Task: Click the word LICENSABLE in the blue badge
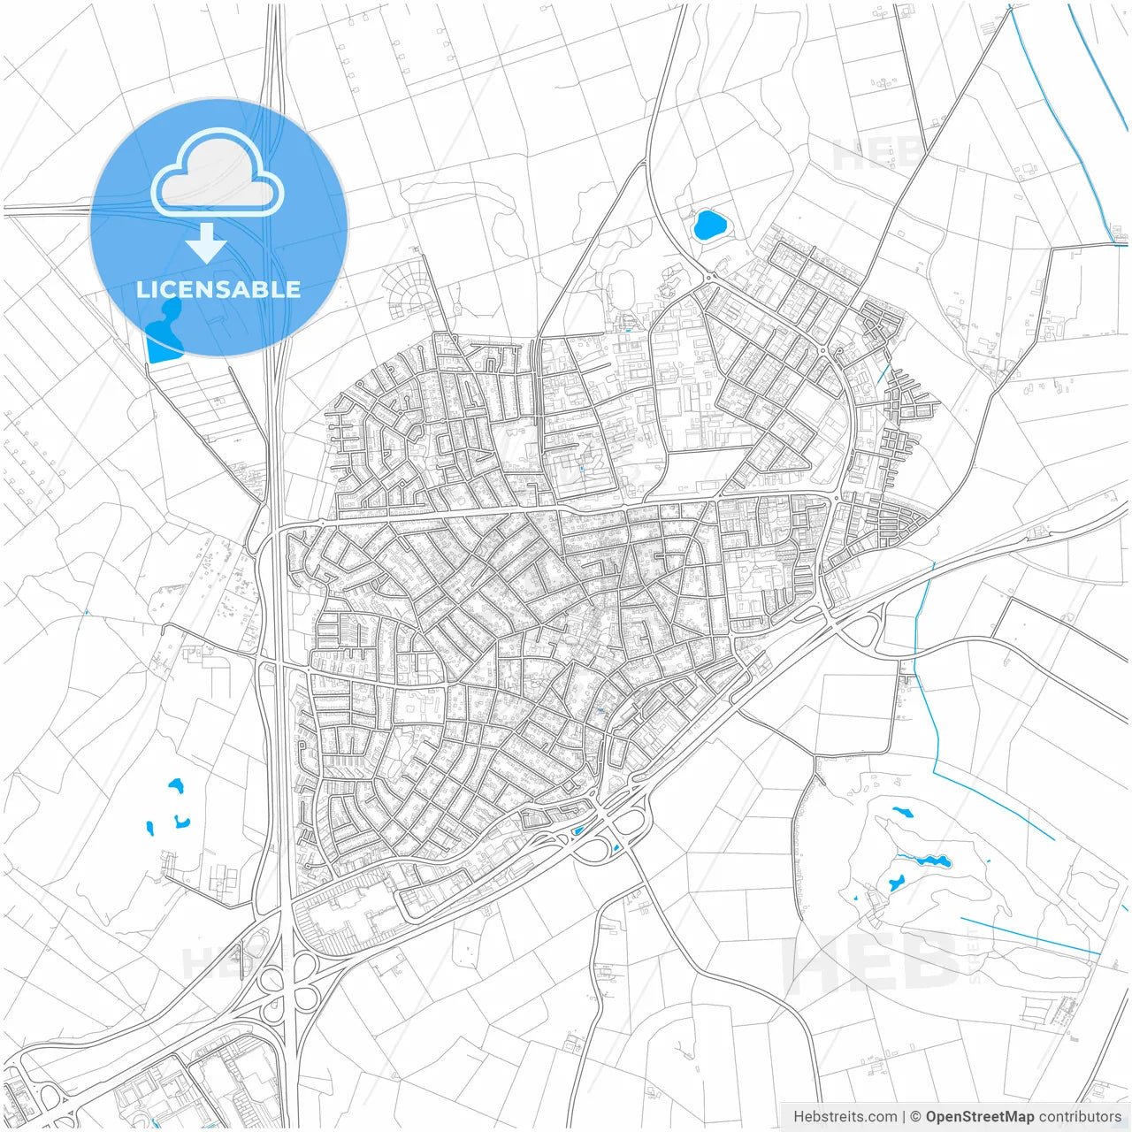(x=218, y=289)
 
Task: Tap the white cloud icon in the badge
(x=218, y=173)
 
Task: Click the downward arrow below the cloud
(x=207, y=243)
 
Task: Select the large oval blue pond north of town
(x=710, y=226)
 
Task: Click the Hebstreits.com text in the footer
(x=845, y=1116)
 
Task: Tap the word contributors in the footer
(x=1080, y=1116)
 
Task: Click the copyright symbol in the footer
(x=916, y=1116)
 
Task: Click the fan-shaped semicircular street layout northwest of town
(x=409, y=287)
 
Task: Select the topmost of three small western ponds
(x=175, y=784)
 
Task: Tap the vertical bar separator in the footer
(x=902, y=1116)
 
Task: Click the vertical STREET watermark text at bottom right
(x=975, y=955)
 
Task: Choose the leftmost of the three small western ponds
(x=149, y=830)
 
